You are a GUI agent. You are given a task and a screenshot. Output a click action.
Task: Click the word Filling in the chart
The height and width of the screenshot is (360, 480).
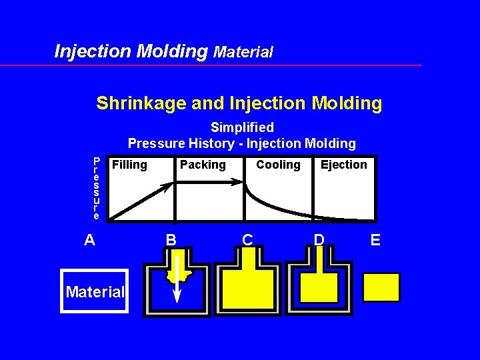[129, 165]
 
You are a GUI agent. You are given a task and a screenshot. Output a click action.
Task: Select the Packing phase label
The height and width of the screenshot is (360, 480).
[203, 165]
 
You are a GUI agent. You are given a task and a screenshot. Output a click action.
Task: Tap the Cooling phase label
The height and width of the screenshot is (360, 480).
[279, 165]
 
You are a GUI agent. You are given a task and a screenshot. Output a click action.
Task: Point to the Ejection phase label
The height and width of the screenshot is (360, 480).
[344, 165]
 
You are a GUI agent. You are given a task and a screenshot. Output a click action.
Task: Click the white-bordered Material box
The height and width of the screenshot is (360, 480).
[94, 291]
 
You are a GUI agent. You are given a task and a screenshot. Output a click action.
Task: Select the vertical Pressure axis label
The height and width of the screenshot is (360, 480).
[97, 189]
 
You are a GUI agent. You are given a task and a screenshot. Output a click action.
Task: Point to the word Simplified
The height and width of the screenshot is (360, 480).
[242, 127]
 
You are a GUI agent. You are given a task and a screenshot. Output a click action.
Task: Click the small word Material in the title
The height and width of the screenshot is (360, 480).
[243, 52]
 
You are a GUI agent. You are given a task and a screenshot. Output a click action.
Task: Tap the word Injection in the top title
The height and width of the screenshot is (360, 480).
[93, 51]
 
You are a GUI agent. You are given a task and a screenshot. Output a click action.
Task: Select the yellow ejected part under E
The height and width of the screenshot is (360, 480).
[381, 287]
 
